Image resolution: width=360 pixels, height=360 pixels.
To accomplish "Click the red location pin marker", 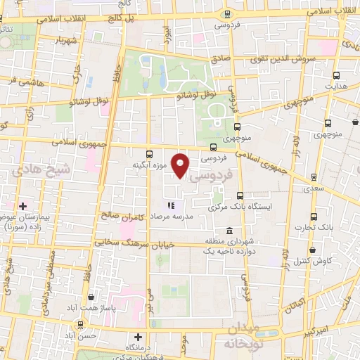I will (x=181, y=165).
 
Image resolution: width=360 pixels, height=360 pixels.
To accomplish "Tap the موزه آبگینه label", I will (x=148, y=165).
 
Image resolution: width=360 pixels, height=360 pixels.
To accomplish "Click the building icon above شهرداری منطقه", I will (x=230, y=231).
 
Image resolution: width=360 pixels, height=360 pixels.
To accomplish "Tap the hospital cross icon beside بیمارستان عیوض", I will (x=22, y=206).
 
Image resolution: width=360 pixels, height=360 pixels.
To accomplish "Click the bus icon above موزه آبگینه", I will (x=148, y=154).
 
